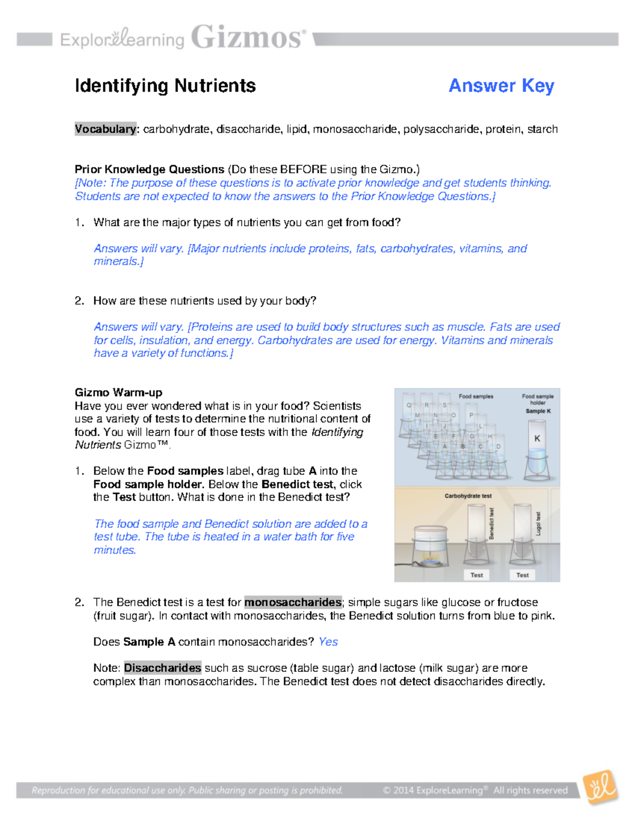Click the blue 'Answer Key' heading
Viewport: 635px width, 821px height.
[501, 86]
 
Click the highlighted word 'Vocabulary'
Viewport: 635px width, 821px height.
[106, 129]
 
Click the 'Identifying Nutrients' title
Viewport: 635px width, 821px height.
[165, 86]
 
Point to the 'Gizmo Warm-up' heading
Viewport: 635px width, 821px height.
[119, 392]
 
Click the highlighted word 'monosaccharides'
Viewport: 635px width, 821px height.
[293, 602]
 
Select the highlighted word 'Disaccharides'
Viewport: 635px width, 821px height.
[162, 668]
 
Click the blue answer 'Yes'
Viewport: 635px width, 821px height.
[328, 642]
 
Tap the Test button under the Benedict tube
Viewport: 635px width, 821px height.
[476, 575]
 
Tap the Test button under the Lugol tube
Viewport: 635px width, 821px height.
[522, 575]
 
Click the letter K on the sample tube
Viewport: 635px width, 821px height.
[537, 438]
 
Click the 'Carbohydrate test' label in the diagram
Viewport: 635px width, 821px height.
[468, 496]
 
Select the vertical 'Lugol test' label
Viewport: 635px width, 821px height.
[538, 523]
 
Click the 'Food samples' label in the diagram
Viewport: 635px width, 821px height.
[476, 396]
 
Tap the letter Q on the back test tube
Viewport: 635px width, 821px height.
[409, 405]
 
